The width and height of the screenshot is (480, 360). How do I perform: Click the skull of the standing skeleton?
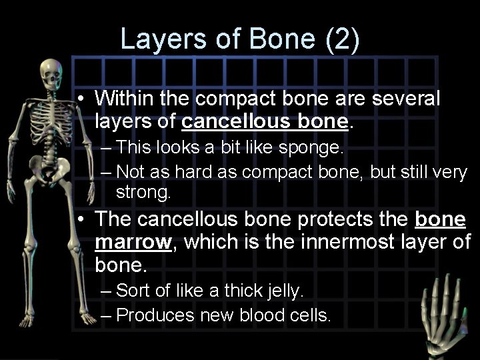(51, 72)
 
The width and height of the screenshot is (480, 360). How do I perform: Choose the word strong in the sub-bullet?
(143, 193)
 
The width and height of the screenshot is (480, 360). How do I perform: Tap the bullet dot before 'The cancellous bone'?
(79, 219)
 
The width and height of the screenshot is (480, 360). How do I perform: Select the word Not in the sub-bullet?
(131, 171)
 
